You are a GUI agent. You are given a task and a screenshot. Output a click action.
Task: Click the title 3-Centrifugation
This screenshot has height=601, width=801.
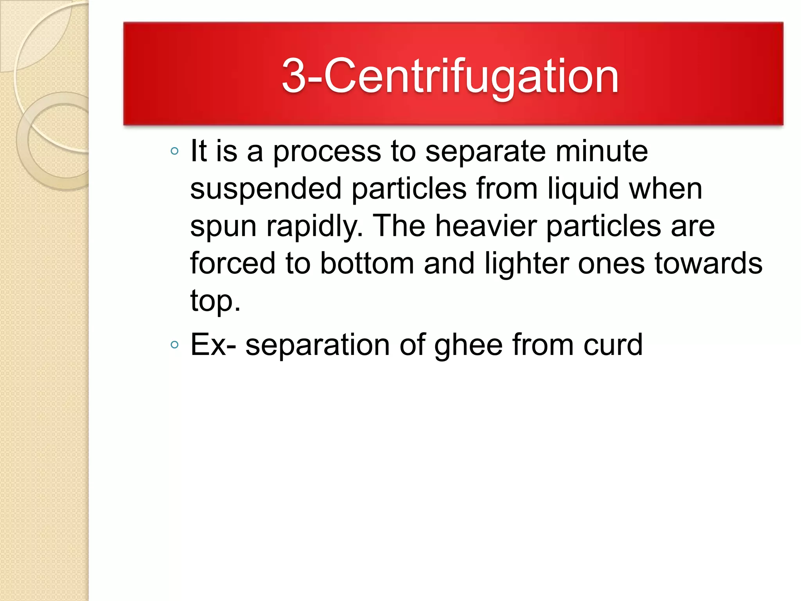tap(450, 76)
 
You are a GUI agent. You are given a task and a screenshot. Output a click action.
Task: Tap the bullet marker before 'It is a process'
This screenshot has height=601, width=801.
tap(175, 151)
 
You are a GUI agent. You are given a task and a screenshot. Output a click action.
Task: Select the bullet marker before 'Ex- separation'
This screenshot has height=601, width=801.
tap(175, 345)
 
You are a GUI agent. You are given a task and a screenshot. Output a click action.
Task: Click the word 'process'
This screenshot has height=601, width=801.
tap(327, 152)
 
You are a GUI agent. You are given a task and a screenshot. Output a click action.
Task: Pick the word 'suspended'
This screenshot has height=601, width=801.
tap(266, 189)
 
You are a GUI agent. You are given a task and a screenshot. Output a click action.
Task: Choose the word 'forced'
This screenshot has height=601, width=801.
tap(233, 263)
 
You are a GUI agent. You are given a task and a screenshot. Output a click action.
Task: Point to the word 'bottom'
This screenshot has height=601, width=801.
tap(367, 263)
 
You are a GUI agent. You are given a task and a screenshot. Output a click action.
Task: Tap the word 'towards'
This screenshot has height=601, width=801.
tap(708, 263)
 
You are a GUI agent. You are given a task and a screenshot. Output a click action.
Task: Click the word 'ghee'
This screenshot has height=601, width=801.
tap(469, 345)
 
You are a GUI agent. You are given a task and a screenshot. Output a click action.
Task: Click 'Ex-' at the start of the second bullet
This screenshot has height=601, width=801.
tap(213, 345)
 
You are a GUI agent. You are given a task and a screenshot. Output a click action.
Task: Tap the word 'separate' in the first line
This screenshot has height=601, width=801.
tap(485, 152)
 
